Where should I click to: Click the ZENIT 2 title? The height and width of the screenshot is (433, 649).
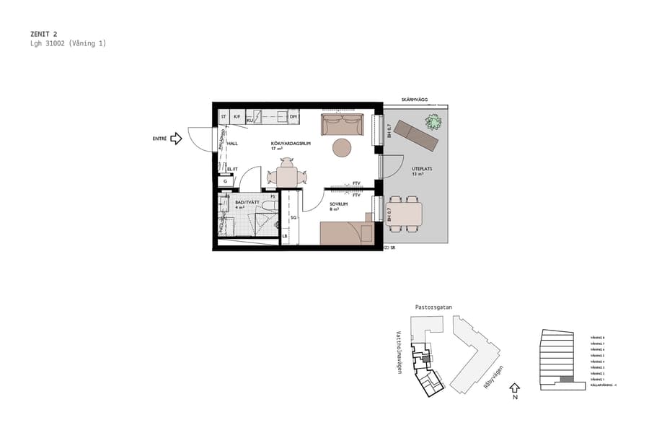click(x=44, y=33)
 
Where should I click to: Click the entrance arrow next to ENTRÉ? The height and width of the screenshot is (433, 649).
click(x=176, y=139)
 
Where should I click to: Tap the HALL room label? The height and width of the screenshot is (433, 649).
click(x=232, y=144)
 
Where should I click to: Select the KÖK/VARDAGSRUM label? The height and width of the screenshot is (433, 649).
click(x=290, y=144)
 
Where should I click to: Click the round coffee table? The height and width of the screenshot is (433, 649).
click(x=341, y=148)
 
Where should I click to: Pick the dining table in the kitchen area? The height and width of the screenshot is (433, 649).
click(x=286, y=177)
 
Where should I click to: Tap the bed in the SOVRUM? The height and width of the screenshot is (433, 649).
click(x=346, y=233)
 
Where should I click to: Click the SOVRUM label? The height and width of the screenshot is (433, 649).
click(x=339, y=204)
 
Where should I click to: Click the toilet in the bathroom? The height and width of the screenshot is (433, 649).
click(x=268, y=210)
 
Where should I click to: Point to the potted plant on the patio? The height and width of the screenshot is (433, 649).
click(x=433, y=121)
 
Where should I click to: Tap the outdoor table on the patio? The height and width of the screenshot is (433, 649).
click(x=405, y=214)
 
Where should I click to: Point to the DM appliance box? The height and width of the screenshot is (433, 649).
click(x=293, y=117)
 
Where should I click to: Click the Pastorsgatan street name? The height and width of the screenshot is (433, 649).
click(x=433, y=307)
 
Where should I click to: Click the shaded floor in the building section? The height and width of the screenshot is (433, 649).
click(x=567, y=379)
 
